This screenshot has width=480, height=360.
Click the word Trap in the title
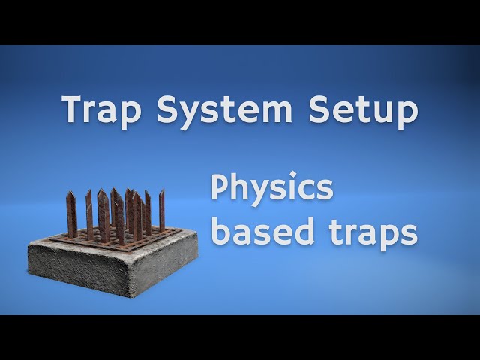click(x=102, y=109)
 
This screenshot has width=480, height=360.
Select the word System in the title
click(x=224, y=109)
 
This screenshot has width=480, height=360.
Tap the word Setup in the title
click(x=363, y=109)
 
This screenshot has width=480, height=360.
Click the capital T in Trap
click(x=75, y=109)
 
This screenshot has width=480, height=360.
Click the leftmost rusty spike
click(x=71, y=214)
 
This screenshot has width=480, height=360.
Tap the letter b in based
click(x=220, y=230)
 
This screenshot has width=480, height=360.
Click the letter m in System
click(x=275, y=112)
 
